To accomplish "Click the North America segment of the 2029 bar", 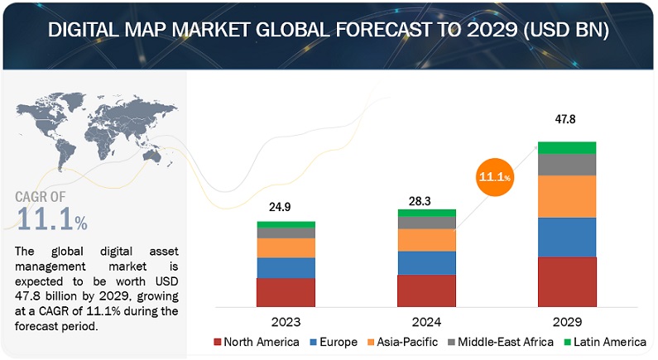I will (x=566, y=282).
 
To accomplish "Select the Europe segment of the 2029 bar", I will (x=566, y=238).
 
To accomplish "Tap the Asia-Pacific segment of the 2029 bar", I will (x=566, y=196).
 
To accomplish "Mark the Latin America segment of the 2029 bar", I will (x=566, y=147).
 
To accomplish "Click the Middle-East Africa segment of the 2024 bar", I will (x=426, y=223).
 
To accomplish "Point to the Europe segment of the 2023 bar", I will (x=286, y=268).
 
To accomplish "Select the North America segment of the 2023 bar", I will (x=286, y=293).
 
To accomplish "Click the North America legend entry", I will (x=256, y=342).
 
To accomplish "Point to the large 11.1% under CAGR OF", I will (x=51, y=220).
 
